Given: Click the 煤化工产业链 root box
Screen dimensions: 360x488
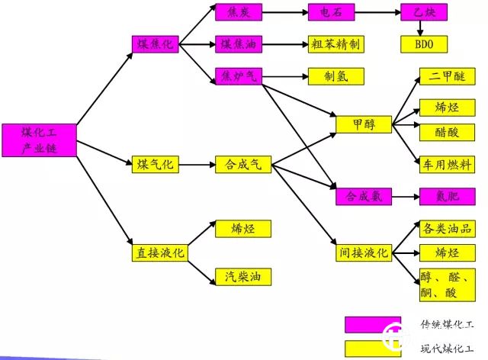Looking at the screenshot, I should (x=39, y=140).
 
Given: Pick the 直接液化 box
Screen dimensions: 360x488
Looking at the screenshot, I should (x=159, y=252).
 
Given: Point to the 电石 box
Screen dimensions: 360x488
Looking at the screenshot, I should (x=330, y=13).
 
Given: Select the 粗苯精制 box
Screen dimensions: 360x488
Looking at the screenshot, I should (x=335, y=43).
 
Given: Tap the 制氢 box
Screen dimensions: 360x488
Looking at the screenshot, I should (x=335, y=76).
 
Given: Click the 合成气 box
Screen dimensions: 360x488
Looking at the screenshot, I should (x=243, y=164).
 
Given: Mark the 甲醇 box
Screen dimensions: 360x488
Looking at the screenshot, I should (x=364, y=123).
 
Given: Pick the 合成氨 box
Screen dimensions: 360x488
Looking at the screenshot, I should (x=364, y=196).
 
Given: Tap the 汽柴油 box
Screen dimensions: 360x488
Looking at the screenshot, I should (x=243, y=275).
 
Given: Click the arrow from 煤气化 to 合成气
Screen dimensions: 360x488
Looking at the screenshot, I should (x=197, y=164).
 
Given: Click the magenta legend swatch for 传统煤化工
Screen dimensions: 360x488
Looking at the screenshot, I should (x=373, y=325).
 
